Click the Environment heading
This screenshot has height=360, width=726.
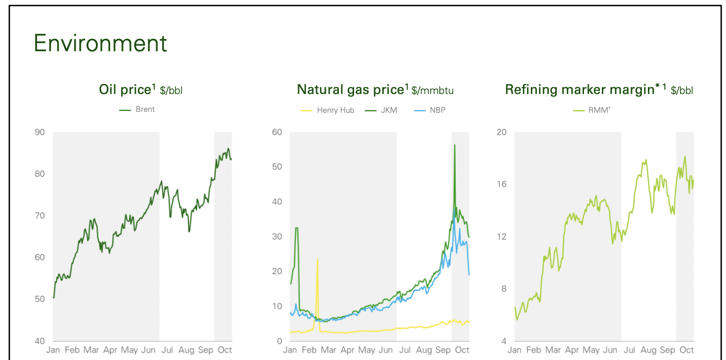(100, 43)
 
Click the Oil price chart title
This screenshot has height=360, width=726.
(141, 90)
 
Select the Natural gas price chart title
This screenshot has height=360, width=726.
(375, 90)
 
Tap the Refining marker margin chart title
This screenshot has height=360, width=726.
(599, 90)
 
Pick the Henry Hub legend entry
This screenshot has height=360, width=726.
(335, 110)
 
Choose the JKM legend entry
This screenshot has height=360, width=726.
(389, 110)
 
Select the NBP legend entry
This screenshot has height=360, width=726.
(437, 110)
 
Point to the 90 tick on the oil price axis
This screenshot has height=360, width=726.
(40, 132)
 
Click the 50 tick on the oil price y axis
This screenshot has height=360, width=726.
(40, 299)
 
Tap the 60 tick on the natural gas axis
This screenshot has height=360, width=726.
(277, 132)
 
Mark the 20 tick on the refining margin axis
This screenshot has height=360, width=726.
(502, 132)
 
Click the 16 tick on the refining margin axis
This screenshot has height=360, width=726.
(502, 184)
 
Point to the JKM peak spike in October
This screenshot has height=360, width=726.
(455, 145)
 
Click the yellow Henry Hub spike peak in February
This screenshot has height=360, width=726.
(317, 259)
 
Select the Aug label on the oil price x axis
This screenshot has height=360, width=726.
(186, 350)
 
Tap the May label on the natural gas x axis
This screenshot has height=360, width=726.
(367, 350)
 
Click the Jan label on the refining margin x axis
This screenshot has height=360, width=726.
(514, 350)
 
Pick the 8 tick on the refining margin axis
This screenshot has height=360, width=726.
(504, 289)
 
